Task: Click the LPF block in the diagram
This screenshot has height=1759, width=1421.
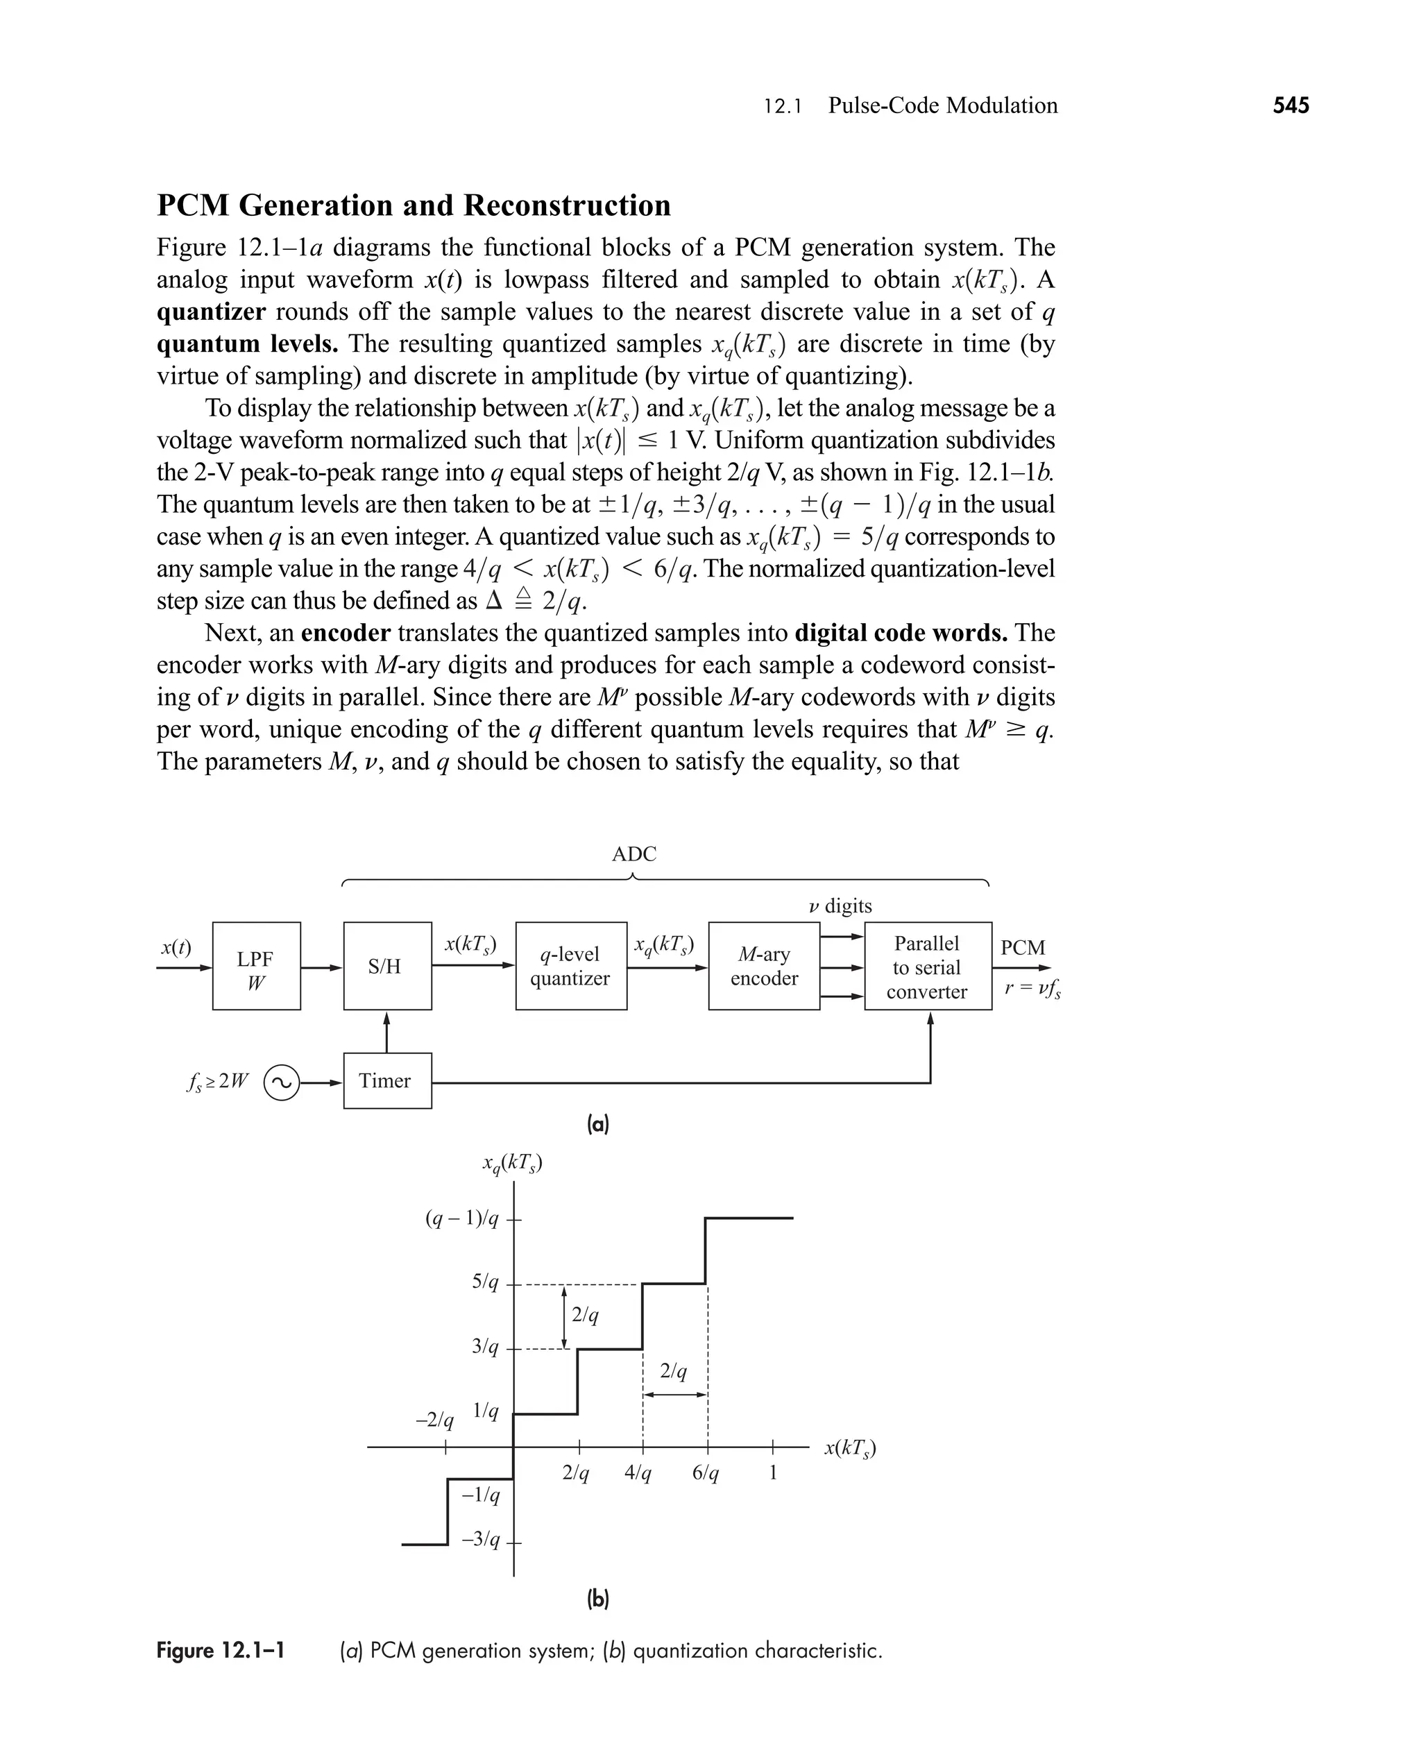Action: pyautogui.click(x=256, y=966)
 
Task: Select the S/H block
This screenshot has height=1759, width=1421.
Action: pyautogui.click(x=387, y=966)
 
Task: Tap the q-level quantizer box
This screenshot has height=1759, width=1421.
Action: pyautogui.click(x=570, y=966)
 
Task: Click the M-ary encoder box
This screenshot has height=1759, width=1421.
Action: pyautogui.click(x=764, y=966)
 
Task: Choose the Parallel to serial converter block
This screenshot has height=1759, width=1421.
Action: pyautogui.click(x=928, y=967)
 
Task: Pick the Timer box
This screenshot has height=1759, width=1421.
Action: pyautogui.click(x=387, y=1080)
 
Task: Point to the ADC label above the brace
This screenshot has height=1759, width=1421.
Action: pyautogui.click(x=633, y=853)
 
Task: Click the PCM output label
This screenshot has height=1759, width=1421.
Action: pyautogui.click(x=1022, y=947)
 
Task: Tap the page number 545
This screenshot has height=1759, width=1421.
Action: pyautogui.click(x=1291, y=105)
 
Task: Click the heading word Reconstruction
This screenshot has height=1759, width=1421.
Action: pyautogui.click(x=568, y=205)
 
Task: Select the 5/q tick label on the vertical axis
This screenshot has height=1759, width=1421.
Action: pyautogui.click(x=484, y=1282)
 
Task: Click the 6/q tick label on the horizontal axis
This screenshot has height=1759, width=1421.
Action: pyautogui.click(x=706, y=1473)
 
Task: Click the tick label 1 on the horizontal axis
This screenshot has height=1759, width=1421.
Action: pyautogui.click(x=773, y=1473)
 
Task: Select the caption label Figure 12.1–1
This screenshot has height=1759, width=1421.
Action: pyautogui.click(x=220, y=1650)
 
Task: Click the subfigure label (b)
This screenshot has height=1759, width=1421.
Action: pyautogui.click(x=598, y=1599)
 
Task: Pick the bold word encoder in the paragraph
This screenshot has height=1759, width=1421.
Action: pyautogui.click(x=346, y=633)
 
